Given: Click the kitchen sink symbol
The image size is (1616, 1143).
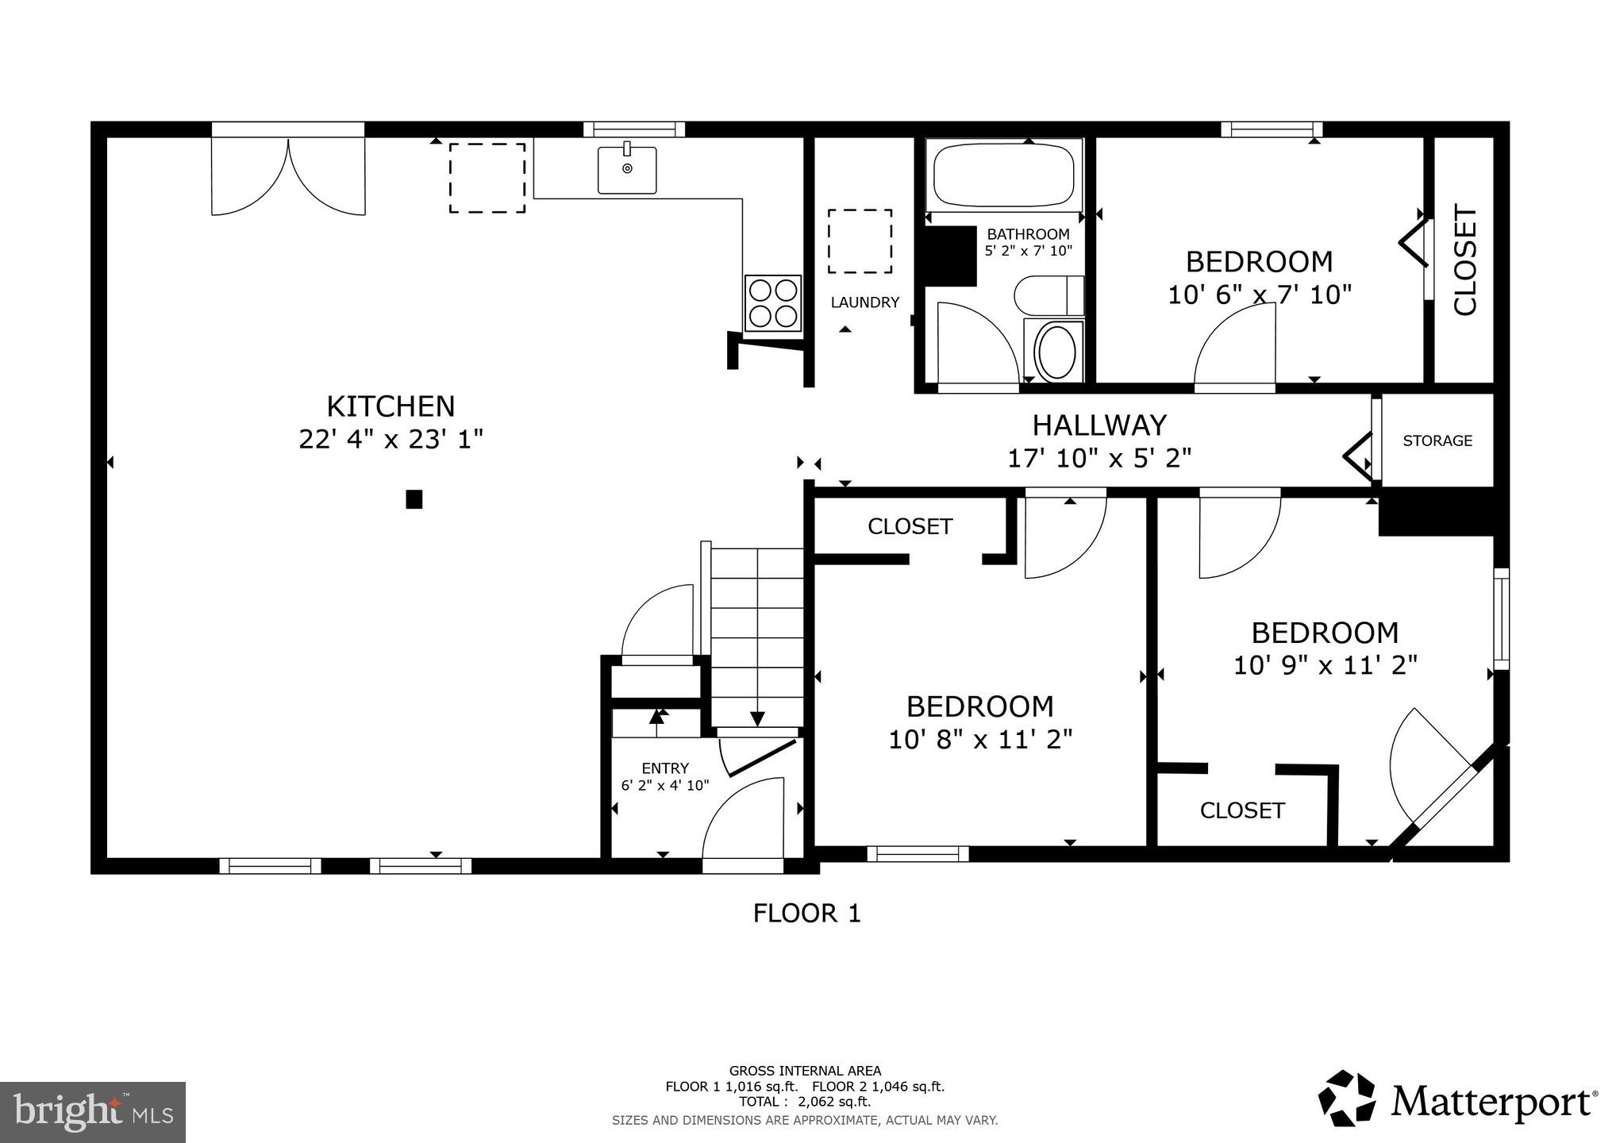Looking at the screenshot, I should pyautogui.click(x=627, y=169).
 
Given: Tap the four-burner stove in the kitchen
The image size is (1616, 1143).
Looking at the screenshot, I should pyautogui.click(x=772, y=302).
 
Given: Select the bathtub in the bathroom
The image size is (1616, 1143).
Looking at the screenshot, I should pyautogui.click(x=1003, y=175).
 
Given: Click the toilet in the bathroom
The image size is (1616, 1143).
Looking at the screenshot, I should pyautogui.click(x=1048, y=296).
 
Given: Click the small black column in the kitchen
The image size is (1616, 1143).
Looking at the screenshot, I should pyautogui.click(x=414, y=499).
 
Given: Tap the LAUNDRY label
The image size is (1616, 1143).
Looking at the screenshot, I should pyautogui.click(x=864, y=302).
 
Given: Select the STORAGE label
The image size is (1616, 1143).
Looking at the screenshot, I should pyautogui.click(x=1437, y=441).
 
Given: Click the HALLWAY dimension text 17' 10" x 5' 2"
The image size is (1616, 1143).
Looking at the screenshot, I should pyautogui.click(x=1099, y=458).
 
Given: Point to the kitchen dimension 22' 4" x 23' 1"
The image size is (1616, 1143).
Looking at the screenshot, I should pyautogui.click(x=391, y=439).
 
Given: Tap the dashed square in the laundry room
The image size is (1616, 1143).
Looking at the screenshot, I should pyautogui.click(x=860, y=241).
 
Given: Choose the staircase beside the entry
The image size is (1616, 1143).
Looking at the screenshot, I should pyautogui.click(x=757, y=635).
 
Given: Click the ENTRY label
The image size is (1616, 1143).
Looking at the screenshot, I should pyautogui.click(x=664, y=768).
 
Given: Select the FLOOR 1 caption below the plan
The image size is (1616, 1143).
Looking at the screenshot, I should pyautogui.click(x=806, y=914).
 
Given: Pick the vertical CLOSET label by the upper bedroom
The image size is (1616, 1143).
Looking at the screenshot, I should pyautogui.click(x=1464, y=260).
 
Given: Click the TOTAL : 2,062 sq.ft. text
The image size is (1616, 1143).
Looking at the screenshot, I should pyautogui.click(x=805, y=1102).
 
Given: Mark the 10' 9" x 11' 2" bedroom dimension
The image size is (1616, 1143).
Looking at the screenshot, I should pyautogui.click(x=1325, y=665).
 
